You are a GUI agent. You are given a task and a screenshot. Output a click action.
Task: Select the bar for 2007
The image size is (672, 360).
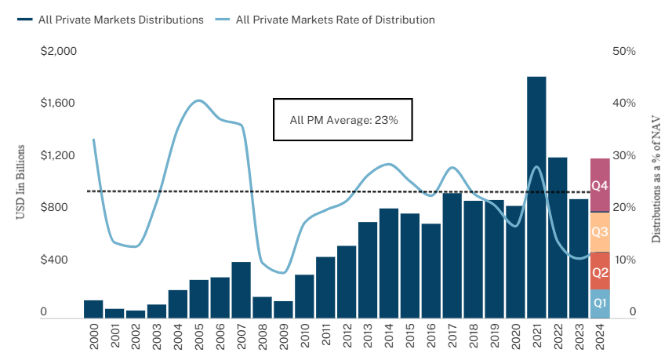pos(241,290)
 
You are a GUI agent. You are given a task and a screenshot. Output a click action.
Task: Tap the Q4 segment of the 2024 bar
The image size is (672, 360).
pos(600,185)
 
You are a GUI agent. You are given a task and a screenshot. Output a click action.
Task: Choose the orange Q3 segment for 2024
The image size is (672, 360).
pos(600,232)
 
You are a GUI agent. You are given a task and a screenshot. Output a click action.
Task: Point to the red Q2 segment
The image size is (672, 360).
pos(600,271)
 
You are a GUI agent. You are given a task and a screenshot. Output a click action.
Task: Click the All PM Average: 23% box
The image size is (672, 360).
pos(343,120)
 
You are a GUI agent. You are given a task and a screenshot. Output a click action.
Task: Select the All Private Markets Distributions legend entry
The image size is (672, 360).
pos(110,20)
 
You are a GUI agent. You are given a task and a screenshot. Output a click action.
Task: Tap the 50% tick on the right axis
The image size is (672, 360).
pos(624,52)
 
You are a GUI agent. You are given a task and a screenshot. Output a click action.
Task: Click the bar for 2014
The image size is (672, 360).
pos(389,264)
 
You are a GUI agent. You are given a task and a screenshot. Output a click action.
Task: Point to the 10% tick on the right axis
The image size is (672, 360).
pos(624,260)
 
